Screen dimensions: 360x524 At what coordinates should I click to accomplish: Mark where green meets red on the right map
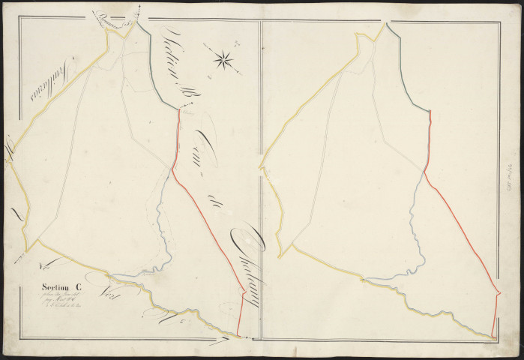point(430,110)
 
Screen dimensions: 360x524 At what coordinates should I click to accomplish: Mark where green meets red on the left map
point(178,110)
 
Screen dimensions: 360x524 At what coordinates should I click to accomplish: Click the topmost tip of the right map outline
point(387,23)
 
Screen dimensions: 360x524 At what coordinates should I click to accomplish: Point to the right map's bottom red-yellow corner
point(493,337)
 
